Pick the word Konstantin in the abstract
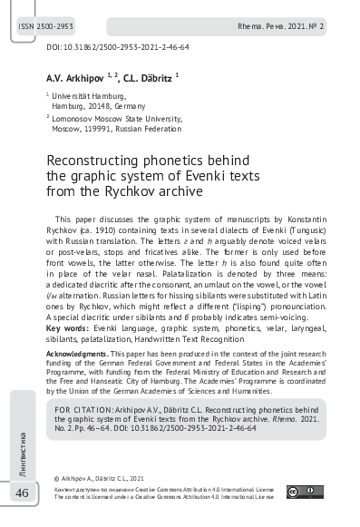[287, 220]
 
